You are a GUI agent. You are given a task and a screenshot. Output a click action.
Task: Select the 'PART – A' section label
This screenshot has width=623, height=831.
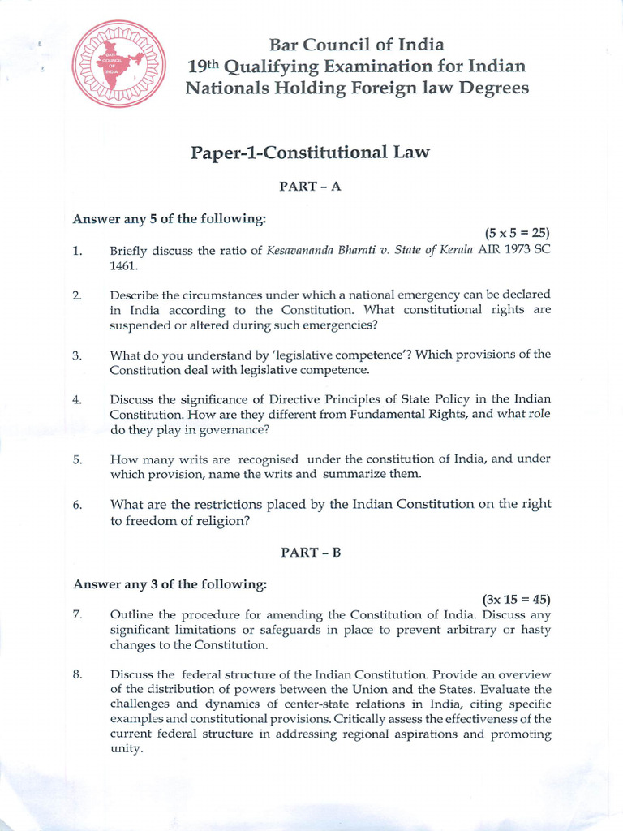[x=311, y=186]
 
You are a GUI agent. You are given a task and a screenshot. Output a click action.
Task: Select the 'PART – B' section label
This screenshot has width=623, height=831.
[x=311, y=552]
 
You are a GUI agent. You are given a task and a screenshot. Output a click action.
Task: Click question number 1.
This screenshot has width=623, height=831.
[x=78, y=251]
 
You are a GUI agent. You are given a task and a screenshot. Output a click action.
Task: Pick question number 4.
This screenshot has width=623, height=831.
[x=78, y=399]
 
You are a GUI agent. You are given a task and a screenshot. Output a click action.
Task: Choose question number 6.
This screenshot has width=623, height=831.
[x=78, y=505]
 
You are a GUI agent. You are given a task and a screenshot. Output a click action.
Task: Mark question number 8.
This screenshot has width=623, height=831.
[x=78, y=674]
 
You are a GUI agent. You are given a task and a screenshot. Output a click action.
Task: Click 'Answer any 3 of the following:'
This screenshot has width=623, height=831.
[x=170, y=583]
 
